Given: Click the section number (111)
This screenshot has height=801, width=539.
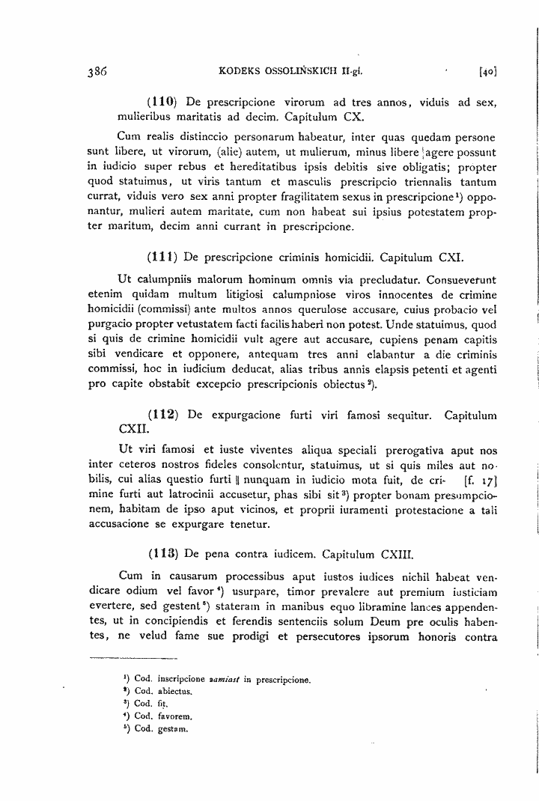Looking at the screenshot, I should coord(162,257).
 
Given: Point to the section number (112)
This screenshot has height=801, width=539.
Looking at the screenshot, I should coord(162,414).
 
